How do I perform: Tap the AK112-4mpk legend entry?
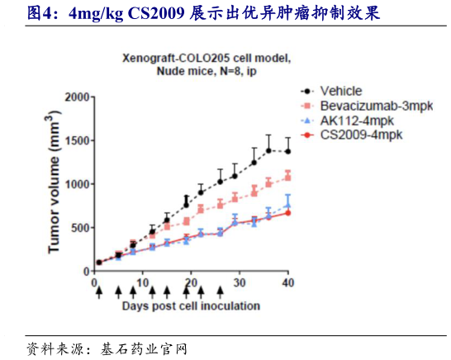352,121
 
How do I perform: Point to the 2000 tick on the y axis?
75,97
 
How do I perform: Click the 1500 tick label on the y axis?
75,140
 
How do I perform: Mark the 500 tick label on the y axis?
78,228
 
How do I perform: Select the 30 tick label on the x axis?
240,282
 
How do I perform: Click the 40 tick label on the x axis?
287,282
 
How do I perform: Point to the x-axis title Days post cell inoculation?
192,306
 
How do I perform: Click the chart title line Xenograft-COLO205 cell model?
207,59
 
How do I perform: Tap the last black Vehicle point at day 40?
287,151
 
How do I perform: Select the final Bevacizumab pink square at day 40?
287,176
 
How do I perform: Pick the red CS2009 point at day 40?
287,212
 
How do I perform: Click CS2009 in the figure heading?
157,14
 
